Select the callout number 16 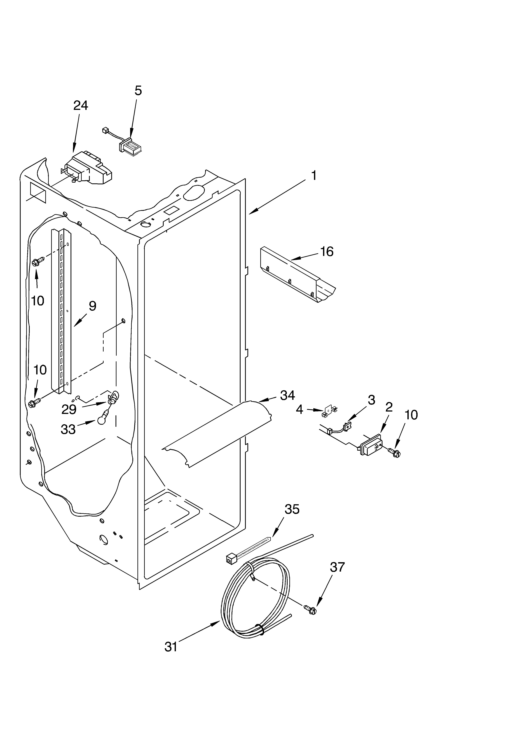327,251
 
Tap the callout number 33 68,429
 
